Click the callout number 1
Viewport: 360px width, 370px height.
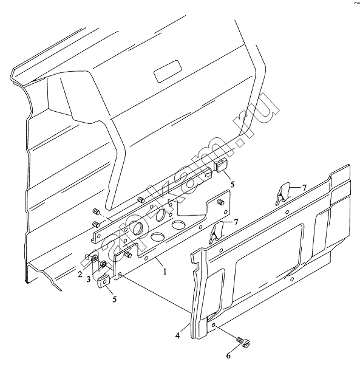pyautogui.click(x=165, y=272)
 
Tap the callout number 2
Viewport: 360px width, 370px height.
pyautogui.click(x=80, y=274)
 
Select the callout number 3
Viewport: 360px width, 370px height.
pyautogui.click(x=89, y=279)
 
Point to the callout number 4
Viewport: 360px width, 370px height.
pyautogui.click(x=177, y=335)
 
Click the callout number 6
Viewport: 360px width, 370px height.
pyautogui.click(x=228, y=355)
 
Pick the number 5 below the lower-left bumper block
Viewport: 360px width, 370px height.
pyautogui.click(x=114, y=299)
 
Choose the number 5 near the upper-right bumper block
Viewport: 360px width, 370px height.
pyautogui.click(x=233, y=184)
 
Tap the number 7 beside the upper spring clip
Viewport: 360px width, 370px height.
pyautogui.click(x=304, y=188)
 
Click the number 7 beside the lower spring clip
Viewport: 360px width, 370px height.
pyautogui.click(x=236, y=222)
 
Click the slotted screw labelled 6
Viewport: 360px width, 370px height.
pyautogui.click(x=243, y=341)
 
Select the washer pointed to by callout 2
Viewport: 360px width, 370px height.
pyautogui.click(x=93, y=259)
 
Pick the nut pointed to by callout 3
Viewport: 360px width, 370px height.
pyautogui.click(x=103, y=264)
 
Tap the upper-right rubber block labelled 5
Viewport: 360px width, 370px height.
pyautogui.click(x=220, y=165)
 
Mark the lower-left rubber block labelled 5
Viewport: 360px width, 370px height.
pyautogui.click(x=104, y=281)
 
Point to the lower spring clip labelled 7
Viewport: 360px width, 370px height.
pyautogui.click(x=217, y=232)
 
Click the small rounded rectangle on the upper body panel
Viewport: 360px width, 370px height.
pyautogui.click(x=168, y=71)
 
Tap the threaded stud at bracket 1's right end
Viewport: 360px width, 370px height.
pyautogui.click(x=220, y=202)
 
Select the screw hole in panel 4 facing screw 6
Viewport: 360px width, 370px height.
pyautogui.click(x=213, y=326)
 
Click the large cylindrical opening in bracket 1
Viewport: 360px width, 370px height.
pyautogui.click(x=137, y=228)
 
